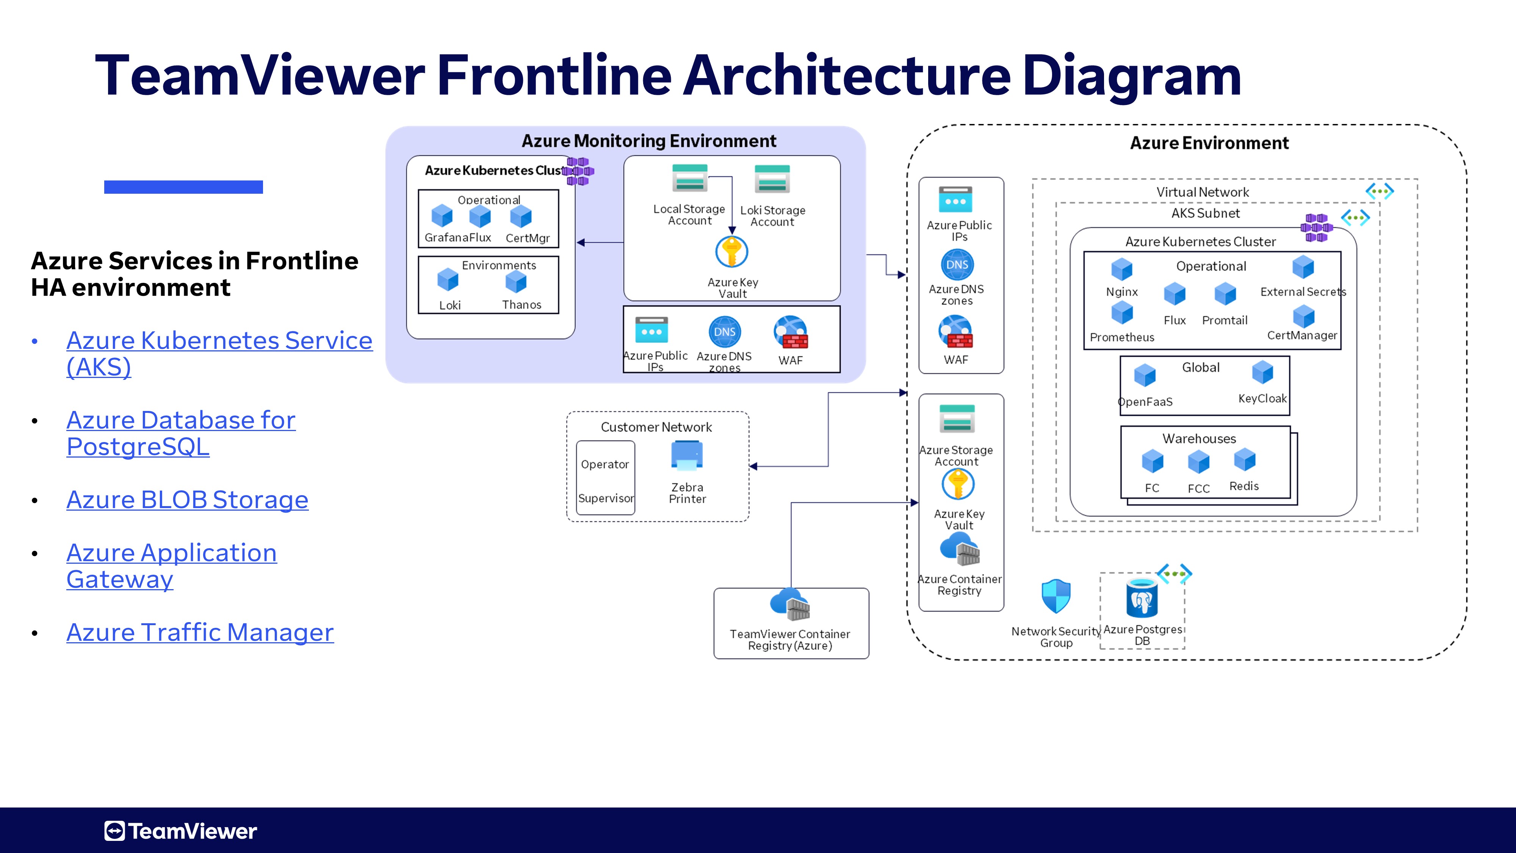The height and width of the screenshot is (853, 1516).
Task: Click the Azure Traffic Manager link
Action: [x=200, y=632]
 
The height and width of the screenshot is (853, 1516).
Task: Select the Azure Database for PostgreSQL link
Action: [x=181, y=433]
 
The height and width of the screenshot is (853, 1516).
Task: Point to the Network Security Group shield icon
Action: [x=1056, y=596]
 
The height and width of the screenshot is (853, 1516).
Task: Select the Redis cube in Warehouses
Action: [x=1245, y=460]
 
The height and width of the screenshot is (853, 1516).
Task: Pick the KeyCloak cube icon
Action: [x=1262, y=373]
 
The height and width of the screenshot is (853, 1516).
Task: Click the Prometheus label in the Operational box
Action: [x=1122, y=337]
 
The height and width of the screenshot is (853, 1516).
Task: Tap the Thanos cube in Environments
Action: [x=516, y=282]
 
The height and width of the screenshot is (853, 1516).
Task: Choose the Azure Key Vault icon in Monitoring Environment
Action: [x=731, y=252]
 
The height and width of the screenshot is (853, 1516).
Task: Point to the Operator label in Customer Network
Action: [x=605, y=464]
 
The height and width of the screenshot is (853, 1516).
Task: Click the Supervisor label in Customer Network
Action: [x=606, y=498]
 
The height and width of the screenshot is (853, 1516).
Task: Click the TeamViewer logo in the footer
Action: [x=181, y=831]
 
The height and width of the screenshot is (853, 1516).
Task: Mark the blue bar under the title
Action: [x=183, y=187]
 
